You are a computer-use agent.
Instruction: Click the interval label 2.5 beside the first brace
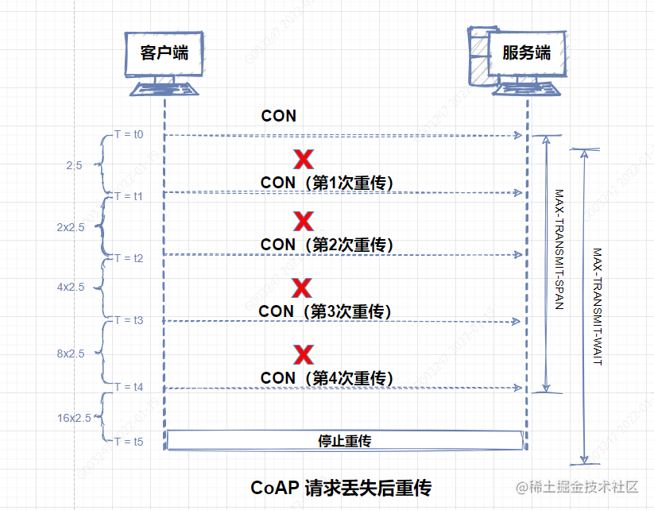coord(74,165)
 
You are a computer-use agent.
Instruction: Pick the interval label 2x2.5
coord(71,226)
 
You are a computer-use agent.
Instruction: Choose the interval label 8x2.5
coord(71,354)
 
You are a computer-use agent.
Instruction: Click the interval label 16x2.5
coord(74,417)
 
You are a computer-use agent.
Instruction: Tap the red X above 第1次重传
coord(303,160)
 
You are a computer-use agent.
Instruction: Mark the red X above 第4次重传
coord(303,354)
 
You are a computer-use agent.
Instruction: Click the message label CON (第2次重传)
coord(327,244)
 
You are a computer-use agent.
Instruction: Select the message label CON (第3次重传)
coord(326,311)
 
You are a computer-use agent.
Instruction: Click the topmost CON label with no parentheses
coord(279,116)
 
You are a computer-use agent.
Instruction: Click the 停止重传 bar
coord(345,440)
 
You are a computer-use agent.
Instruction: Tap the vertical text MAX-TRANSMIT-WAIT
coord(598,306)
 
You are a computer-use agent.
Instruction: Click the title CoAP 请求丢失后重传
coord(341,486)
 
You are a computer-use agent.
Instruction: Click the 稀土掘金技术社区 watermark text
coord(584,486)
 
